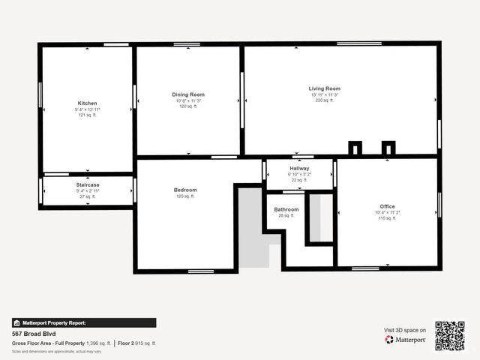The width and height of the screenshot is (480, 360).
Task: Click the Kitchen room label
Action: pos(87,103)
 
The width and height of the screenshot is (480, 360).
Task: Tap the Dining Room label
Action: pos(188,94)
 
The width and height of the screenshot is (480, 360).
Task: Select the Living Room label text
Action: pos(325,88)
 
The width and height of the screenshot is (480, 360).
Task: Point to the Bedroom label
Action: pos(185,190)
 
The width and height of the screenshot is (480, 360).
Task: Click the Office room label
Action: pos(387,206)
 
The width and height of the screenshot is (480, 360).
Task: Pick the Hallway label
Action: pos(299,168)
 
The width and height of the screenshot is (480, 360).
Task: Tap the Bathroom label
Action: pos(286,209)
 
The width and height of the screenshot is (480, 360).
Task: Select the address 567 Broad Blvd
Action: pos(34,334)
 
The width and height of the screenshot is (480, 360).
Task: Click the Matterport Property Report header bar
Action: pos(84,322)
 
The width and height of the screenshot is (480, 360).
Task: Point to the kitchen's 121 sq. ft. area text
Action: pos(87,115)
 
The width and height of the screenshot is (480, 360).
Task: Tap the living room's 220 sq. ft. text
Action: pos(325,101)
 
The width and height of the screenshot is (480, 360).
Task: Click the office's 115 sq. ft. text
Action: pos(387,218)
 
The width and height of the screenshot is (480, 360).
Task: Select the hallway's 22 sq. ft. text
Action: pos(299,180)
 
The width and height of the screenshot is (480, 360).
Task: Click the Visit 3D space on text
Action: pos(405,330)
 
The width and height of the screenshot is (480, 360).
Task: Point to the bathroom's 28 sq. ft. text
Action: pos(286,216)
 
